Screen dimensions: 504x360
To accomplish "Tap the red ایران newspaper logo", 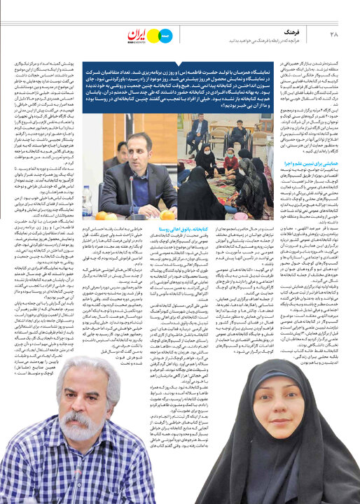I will [x=138, y=35].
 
